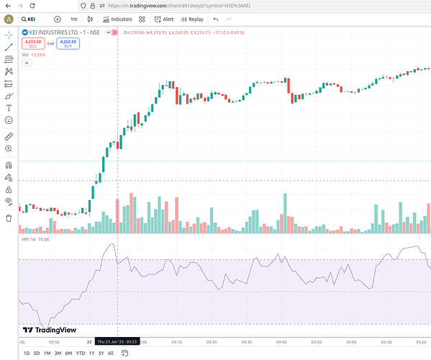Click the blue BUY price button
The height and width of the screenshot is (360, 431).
click(68, 43)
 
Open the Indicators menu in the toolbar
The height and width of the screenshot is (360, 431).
click(117, 19)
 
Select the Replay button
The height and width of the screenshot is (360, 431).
click(192, 19)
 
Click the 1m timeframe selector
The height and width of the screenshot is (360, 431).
click(73, 19)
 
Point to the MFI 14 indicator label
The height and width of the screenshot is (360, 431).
click(30, 239)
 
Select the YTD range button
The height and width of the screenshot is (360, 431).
click(80, 353)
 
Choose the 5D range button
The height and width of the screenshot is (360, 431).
click(37, 353)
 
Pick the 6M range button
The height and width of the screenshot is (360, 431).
click(68, 353)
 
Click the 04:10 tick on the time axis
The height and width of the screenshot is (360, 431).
click(176, 342)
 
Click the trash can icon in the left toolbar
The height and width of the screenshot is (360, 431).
click(9, 218)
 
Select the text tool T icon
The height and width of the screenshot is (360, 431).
click(9, 108)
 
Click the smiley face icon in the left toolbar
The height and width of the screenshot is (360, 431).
click(9, 120)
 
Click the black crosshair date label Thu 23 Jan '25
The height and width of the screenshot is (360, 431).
click(117, 342)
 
